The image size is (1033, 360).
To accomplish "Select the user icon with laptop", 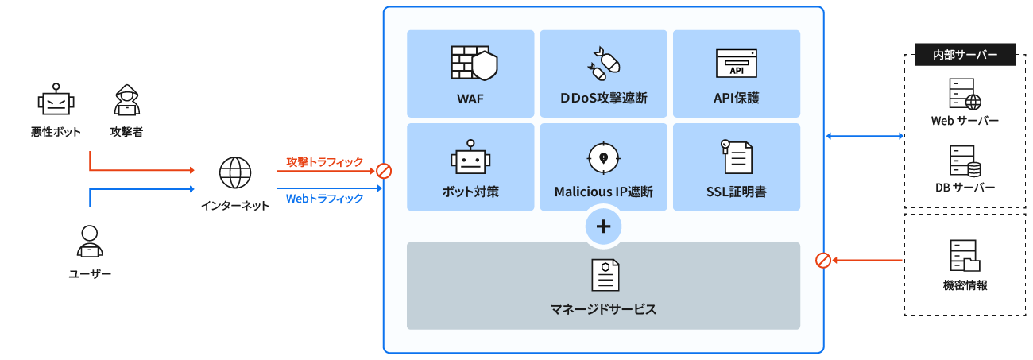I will pyautogui.click(x=90, y=242).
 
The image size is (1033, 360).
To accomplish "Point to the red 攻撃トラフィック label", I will pyautogui.click(x=324, y=162).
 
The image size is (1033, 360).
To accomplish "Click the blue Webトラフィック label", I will pyautogui.click(x=324, y=198).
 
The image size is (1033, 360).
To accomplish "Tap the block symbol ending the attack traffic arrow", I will pyautogui.click(x=384, y=171).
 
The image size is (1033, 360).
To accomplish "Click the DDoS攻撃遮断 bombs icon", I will pyautogui.click(x=603, y=64).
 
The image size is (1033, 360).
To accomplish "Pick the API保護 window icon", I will pyautogui.click(x=736, y=64).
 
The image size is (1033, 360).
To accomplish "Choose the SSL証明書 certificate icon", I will pyautogui.click(x=736, y=157).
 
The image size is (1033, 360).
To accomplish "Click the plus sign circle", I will pyautogui.click(x=603, y=227).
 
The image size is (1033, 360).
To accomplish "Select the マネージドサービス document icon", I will pyautogui.click(x=604, y=275).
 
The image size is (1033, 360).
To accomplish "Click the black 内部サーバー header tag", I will pyautogui.click(x=965, y=55).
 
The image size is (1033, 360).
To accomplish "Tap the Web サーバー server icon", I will pyautogui.click(x=965, y=94).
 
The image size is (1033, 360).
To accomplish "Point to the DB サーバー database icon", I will pyautogui.click(x=965, y=161).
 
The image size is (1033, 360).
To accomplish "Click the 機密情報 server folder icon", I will pyautogui.click(x=965, y=256).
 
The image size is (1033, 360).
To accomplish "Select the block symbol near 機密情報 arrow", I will pyautogui.click(x=824, y=260).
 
